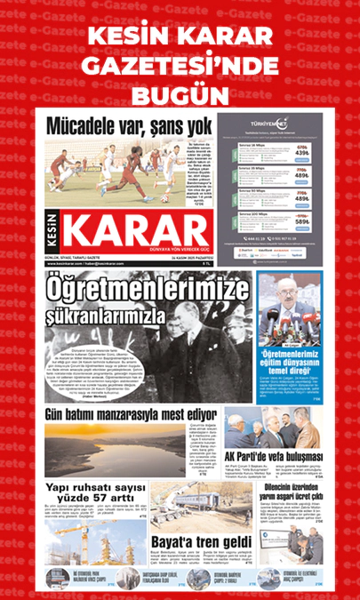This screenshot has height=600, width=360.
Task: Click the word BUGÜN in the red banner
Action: (180, 94)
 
